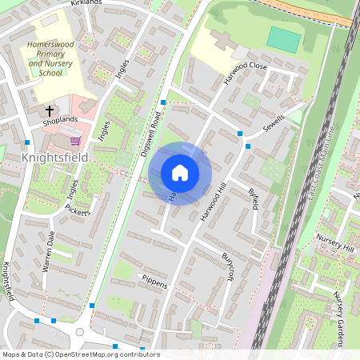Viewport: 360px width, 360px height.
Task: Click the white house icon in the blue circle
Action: click(x=180, y=173)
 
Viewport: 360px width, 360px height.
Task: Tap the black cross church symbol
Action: click(x=50, y=110)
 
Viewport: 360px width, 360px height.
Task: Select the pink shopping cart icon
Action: click(x=74, y=141)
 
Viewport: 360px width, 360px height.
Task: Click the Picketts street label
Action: click(x=78, y=210)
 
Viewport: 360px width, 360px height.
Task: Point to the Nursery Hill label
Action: click(x=336, y=250)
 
